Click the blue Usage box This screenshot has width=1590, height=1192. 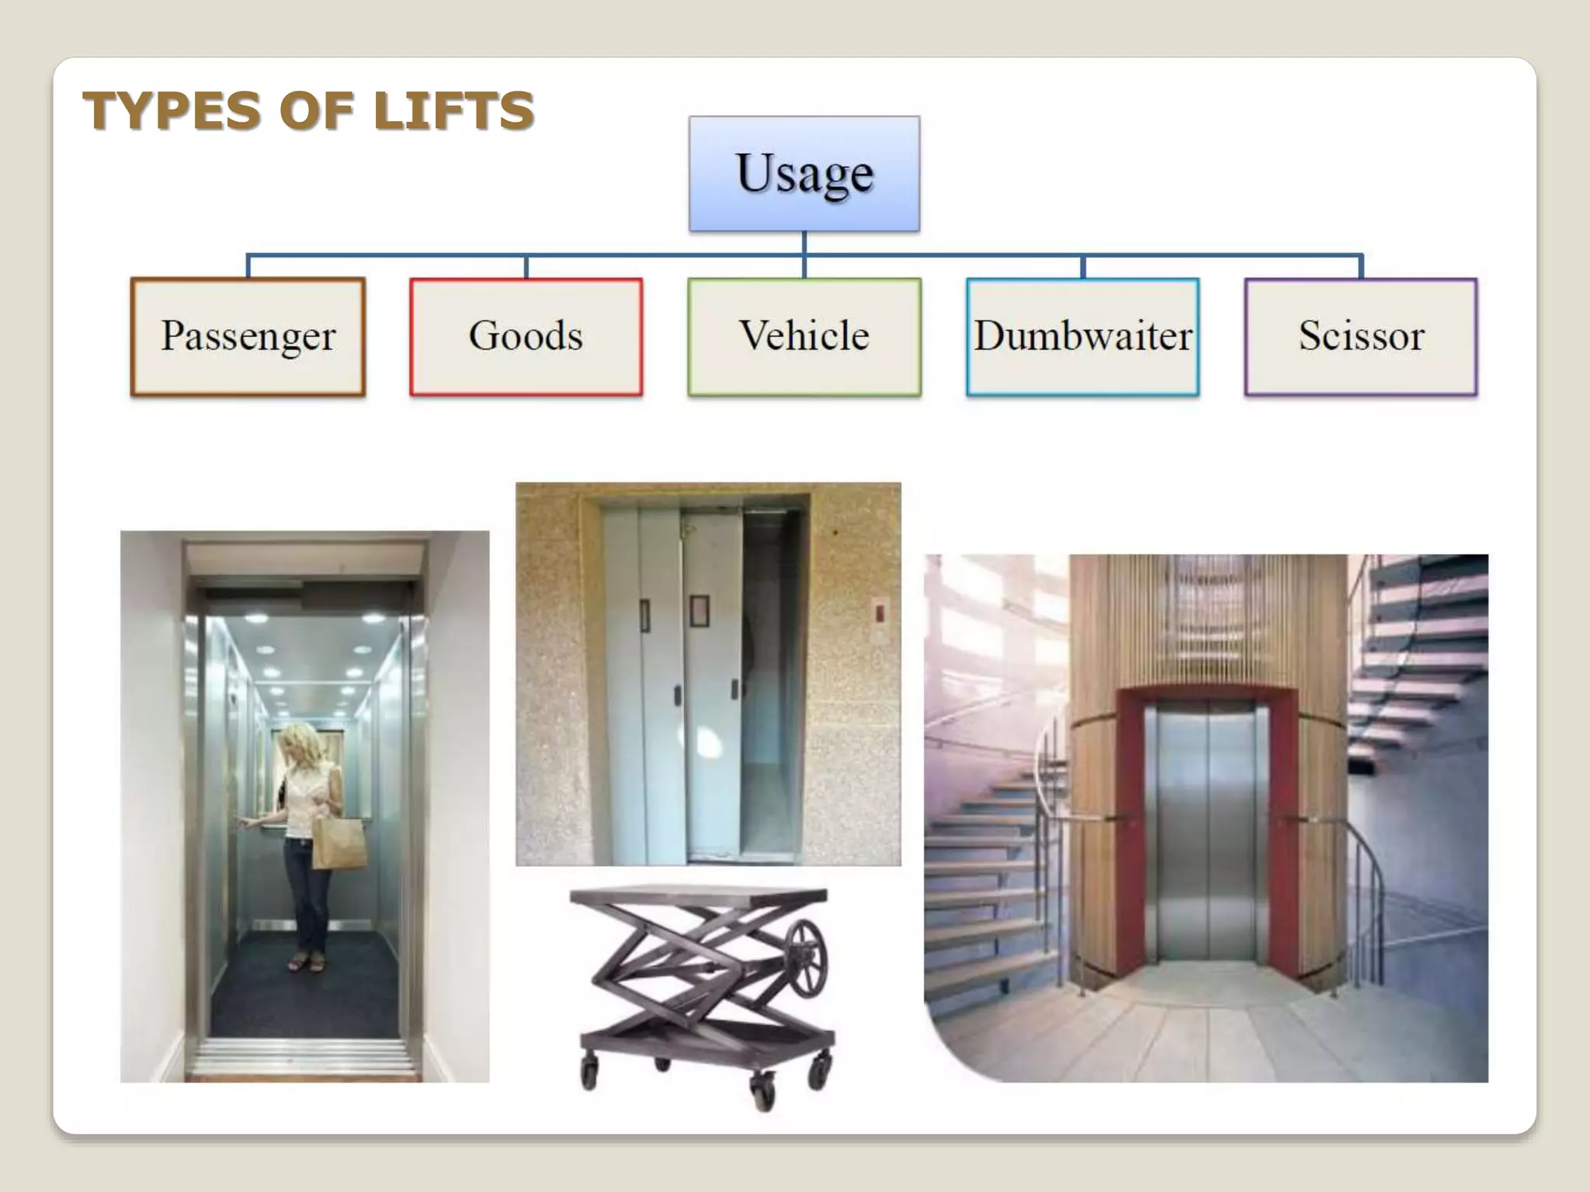click(x=804, y=174)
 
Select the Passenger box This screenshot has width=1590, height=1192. click(x=248, y=337)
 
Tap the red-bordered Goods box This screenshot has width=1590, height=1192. click(x=526, y=337)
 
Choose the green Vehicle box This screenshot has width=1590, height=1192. click(x=804, y=337)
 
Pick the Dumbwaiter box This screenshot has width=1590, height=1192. click(x=1082, y=337)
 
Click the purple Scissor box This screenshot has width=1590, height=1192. click(x=1361, y=337)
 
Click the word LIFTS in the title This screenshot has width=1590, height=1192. click(x=453, y=110)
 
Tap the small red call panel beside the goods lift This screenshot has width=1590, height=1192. click(x=880, y=613)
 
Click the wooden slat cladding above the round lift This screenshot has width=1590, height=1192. click(x=1207, y=621)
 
